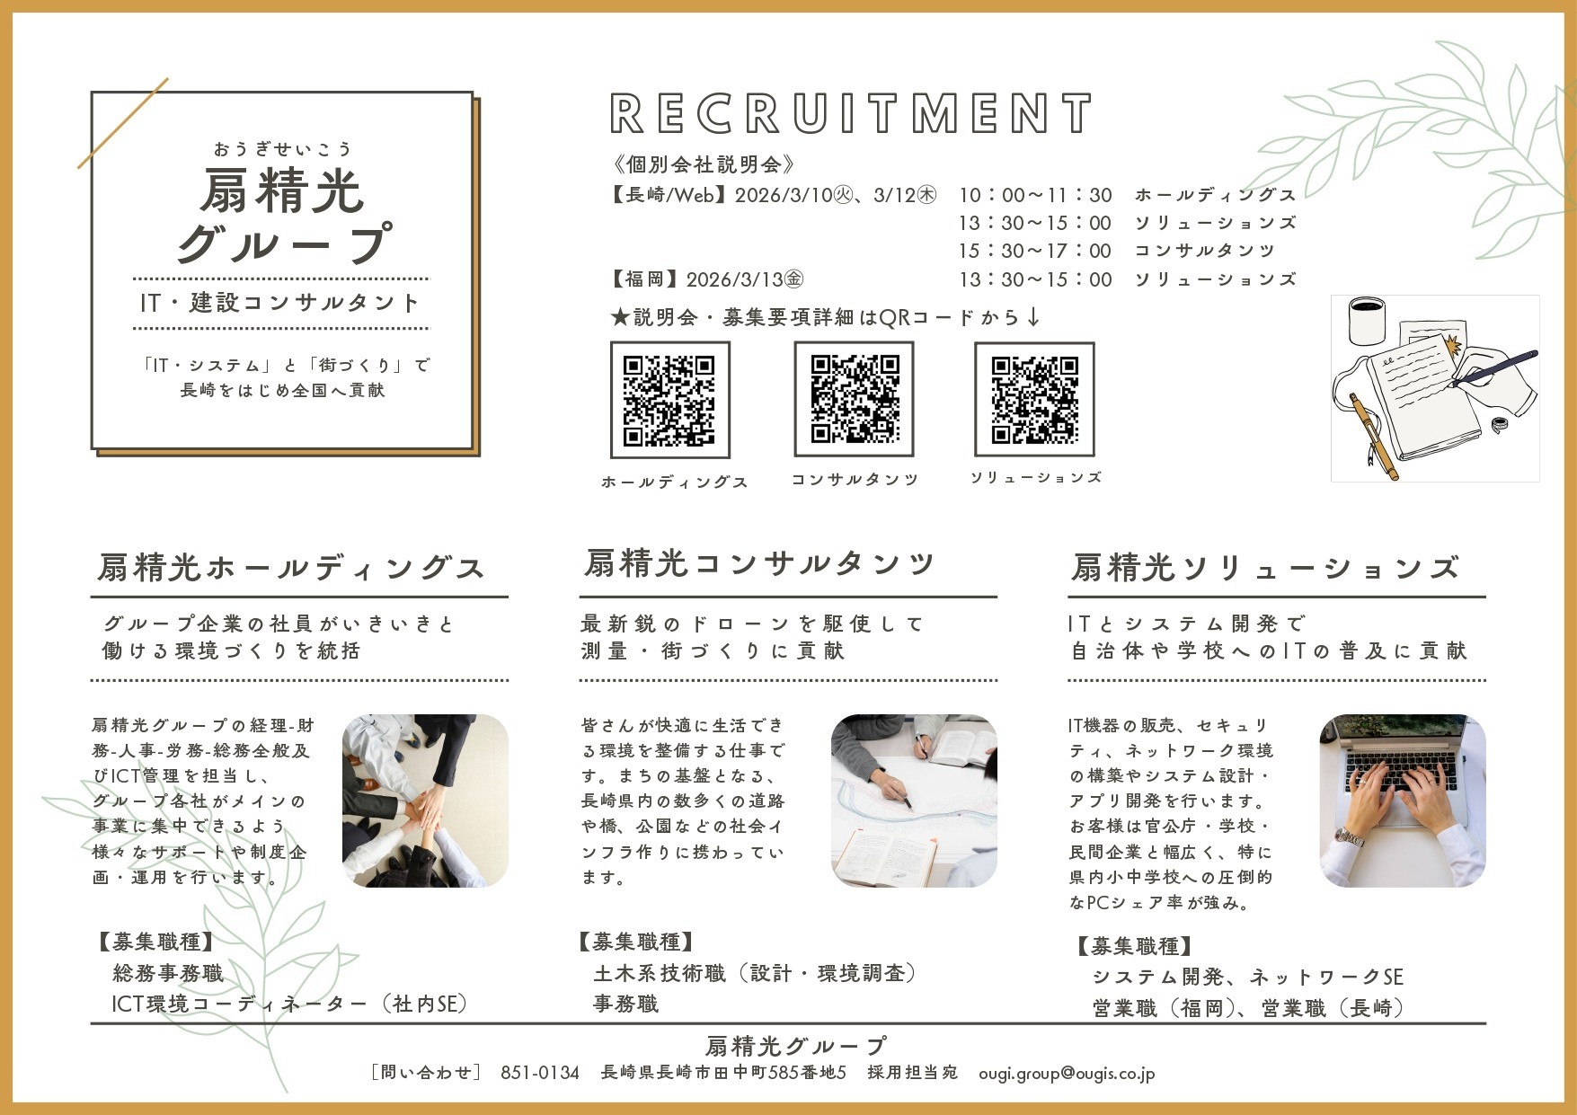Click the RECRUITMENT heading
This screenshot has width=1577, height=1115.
(x=851, y=114)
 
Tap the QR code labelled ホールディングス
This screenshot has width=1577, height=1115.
(x=669, y=400)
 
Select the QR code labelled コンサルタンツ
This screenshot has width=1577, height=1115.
(x=854, y=399)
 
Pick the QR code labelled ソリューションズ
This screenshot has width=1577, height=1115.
(x=1034, y=399)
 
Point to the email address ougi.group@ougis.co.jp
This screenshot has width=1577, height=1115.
(x=1067, y=1073)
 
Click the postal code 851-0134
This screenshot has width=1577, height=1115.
(x=539, y=1073)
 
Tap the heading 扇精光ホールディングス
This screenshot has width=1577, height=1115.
(x=291, y=568)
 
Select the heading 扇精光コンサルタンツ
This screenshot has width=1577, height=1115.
(x=759, y=563)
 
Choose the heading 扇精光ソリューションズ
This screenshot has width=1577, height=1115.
(x=1265, y=568)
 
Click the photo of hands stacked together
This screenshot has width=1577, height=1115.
(x=425, y=801)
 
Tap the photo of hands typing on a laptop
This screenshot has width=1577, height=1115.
(x=1402, y=801)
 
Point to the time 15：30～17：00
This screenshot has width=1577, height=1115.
(x=1035, y=251)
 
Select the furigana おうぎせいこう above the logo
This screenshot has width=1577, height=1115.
(x=282, y=148)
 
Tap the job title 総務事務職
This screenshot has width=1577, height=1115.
(x=168, y=973)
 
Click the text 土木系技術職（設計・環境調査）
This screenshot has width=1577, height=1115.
(x=755, y=973)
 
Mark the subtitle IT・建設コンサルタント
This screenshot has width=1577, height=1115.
(x=279, y=303)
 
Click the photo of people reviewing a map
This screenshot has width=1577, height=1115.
(x=914, y=801)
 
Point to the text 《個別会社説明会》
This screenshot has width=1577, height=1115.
(x=703, y=164)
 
